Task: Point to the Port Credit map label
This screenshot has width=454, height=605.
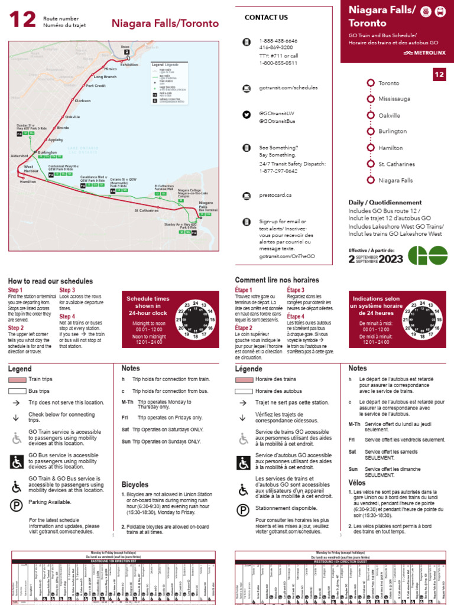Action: coord(95,86)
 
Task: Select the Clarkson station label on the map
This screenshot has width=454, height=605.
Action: coord(83,101)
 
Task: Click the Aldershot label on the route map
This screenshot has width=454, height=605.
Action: coord(20,156)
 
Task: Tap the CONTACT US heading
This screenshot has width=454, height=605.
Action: coord(266,18)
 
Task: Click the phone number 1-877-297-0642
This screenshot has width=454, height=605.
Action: coord(278,171)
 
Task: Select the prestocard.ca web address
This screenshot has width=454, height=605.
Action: coord(275,194)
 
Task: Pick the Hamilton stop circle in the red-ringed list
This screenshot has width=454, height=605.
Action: coord(371,148)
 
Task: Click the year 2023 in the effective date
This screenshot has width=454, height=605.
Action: coord(391,259)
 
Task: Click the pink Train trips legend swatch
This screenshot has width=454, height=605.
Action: coord(17,379)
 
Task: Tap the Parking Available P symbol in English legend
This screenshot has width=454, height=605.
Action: coord(17,505)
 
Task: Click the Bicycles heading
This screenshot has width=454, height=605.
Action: coord(135,484)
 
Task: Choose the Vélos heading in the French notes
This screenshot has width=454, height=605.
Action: coord(358,483)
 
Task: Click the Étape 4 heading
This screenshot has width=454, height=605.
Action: coord(296,316)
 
